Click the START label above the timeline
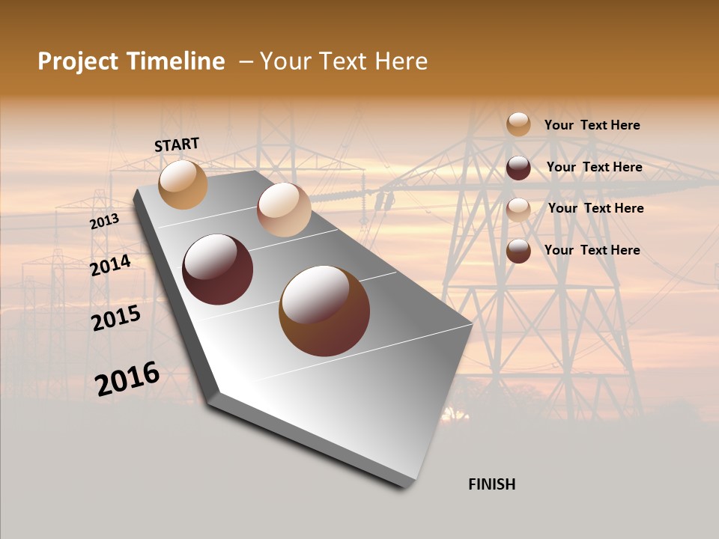(x=177, y=144)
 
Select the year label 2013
(x=104, y=222)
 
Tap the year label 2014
(x=110, y=265)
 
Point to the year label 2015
(x=116, y=318)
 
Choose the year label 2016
(x=127, y=378)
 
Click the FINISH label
(x=491, y=484)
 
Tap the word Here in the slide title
(x=401, y=61)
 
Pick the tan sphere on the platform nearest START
(x=183, y=184)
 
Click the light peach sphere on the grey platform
(x=284, y=210)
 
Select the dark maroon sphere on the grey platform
(x=218, y=269)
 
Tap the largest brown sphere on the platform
(x=324, y=311)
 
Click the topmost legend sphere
(x=518, y=124)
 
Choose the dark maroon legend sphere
(x=518, y=168)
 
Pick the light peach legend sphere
(x=518, y=210)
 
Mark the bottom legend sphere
(x=518, y=251)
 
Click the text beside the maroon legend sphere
(x=594, y=167)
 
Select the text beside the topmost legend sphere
(x=592, y=125)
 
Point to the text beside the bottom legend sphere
(x=592, y=250)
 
